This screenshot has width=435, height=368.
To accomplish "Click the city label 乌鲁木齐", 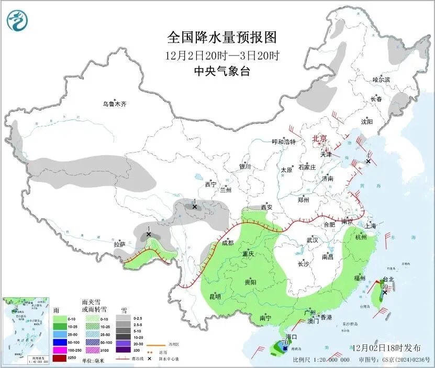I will tap(114, 104).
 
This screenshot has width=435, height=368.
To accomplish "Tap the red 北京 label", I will tap(319, 138).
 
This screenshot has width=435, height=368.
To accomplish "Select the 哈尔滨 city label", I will tap(381, 80).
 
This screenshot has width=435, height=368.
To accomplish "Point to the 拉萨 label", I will tap(120, 244).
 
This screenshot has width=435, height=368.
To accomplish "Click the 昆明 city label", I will tap(215, 297).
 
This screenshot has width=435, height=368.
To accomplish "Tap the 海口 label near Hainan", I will tap(292, 337).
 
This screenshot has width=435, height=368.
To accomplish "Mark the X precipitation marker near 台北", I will tap(385, 292).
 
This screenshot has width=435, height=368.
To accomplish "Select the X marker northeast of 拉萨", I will tap(149, 234).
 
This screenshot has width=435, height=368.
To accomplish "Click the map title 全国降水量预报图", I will tap(221, 38).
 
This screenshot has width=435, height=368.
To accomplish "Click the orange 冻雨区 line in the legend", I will tap(153, 345).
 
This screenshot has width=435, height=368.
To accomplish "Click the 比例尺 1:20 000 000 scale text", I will tap(321, 360).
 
